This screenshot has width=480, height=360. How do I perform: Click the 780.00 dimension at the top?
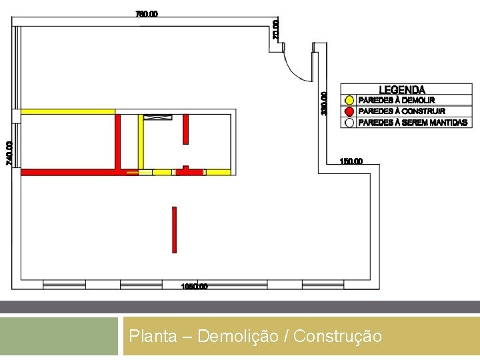(x=147, y=13)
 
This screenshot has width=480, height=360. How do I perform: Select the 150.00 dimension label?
(x=351, y=161)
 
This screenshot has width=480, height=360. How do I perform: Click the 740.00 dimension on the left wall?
(x=9, y=153)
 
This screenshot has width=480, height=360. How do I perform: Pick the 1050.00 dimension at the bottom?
(x=195, y=287)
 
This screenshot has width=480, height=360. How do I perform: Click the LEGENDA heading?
(x=402, y=90)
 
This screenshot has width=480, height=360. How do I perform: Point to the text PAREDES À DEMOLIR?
(x=397, y=100)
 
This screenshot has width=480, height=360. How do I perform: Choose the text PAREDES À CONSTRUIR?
(x=402, y=111)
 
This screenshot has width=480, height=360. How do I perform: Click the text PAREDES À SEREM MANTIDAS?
(x=413, y=123)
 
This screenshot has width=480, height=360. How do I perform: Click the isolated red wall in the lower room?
(x=175, y=229)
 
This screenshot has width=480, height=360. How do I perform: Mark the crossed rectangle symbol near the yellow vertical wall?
(x=157, y=117)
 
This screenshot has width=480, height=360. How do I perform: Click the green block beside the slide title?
(x=59, y=336)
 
